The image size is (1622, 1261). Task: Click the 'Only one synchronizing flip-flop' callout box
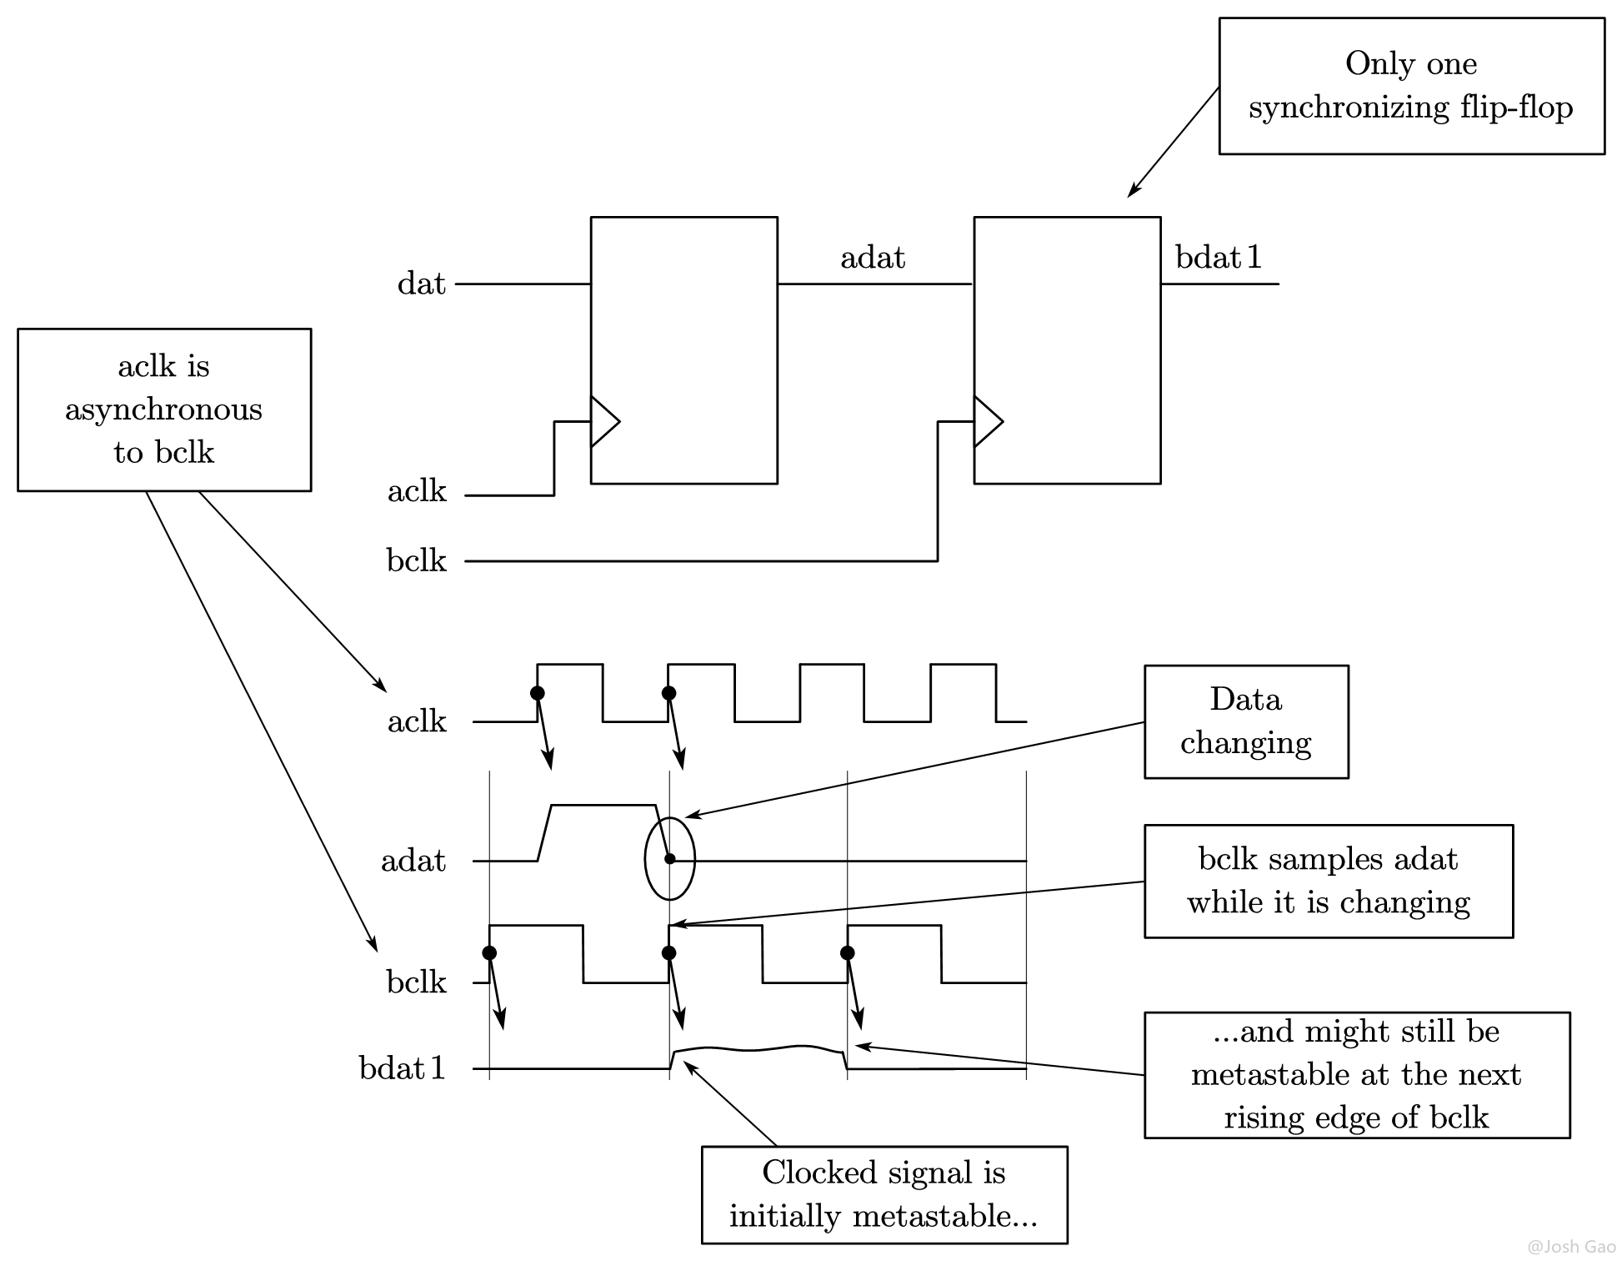(1410, 86)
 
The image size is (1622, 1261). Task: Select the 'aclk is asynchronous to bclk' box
(163, 409)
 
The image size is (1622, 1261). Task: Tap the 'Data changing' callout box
(1245, 721)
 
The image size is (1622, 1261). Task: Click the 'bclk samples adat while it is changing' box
(1328, 882)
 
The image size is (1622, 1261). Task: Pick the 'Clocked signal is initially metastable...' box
(884, 1194)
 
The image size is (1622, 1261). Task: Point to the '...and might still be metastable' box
(1356, 1074)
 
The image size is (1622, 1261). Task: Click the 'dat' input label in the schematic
(421, 284)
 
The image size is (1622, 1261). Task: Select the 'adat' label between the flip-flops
(872, 258)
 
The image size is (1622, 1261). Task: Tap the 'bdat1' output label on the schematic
(1218, 258)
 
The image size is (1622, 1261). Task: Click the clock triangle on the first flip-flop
(603, 421)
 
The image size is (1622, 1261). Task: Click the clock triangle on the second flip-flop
(987, 421)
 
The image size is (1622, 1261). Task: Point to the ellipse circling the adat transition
(669, 859)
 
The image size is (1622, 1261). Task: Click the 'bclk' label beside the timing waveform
(416, 982)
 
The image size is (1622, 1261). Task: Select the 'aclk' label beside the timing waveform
(416, 721)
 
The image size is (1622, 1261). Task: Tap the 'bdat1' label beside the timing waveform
(403, 1068)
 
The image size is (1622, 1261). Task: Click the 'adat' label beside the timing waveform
(413, 861)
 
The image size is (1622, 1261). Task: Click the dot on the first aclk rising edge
(538, 693)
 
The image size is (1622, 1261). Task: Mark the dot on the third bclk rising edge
(848, 953)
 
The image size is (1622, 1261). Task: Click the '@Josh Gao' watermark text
(1571, 1247)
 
